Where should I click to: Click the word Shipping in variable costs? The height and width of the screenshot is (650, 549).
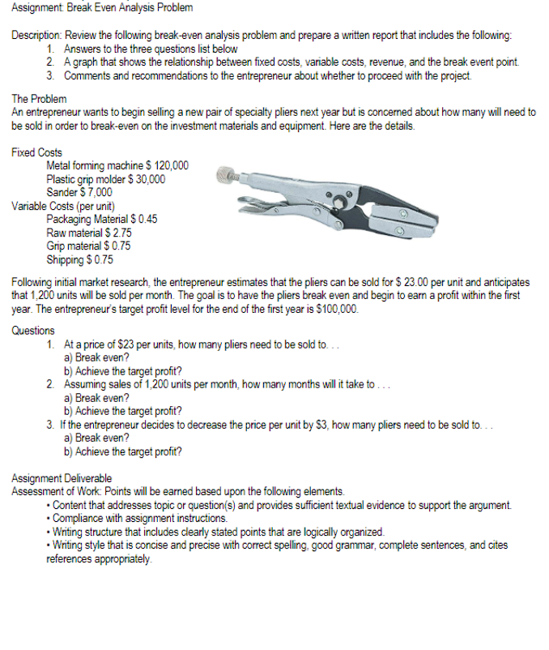pos(65,259)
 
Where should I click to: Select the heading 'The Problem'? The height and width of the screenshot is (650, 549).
pos(39,98)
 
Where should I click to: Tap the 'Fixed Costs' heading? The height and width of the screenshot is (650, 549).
pos(37,152)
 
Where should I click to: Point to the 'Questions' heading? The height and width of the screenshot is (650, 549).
pos(34,330)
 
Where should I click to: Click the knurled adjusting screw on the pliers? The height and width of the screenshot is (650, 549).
pos(228,173)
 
